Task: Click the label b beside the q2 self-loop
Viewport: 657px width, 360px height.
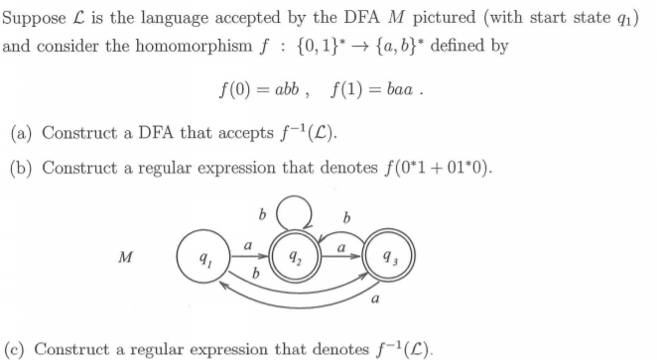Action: point(260,212)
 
